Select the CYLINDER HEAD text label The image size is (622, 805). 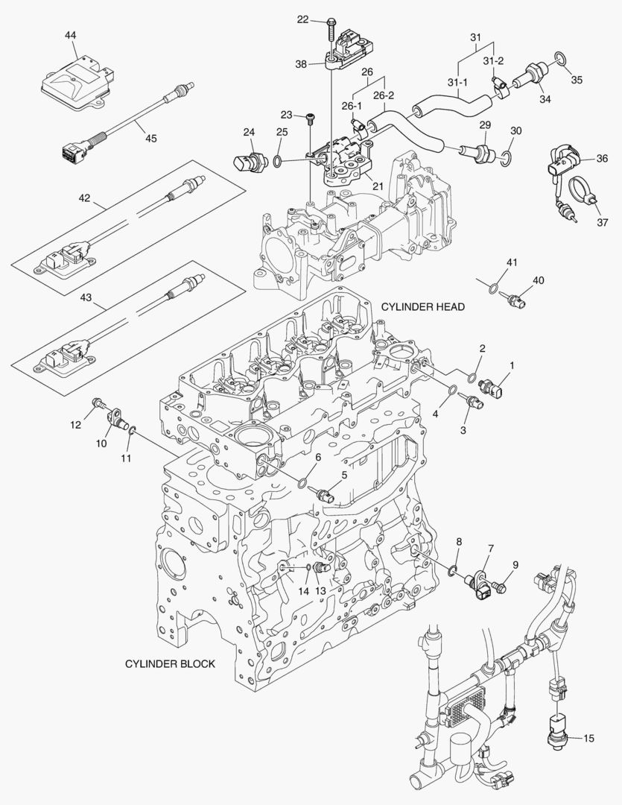422,306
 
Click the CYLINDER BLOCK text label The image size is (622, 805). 170,663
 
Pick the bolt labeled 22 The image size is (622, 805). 329,29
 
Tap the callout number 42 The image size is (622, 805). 84,198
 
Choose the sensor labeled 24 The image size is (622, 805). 247,160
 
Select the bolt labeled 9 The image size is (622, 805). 500,587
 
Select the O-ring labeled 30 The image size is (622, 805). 506,156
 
